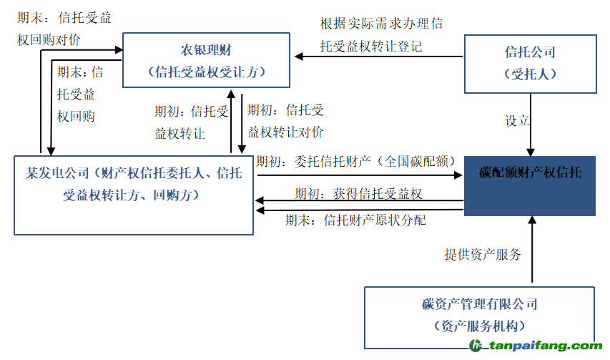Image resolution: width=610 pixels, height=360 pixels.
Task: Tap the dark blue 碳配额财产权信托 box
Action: (530, 173)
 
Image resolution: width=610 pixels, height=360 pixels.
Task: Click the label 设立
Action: (517, 120)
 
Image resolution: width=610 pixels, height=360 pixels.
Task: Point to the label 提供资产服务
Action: (483, 254)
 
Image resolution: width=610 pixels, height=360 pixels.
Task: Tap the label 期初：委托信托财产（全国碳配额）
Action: (356, 161)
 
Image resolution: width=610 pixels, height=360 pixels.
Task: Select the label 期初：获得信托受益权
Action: (358, 194)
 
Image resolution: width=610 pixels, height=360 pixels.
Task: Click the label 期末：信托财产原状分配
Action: (355, 220)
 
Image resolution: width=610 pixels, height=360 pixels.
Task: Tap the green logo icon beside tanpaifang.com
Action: (476, 345)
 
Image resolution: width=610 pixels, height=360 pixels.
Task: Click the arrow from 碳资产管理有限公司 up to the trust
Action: (532, 250)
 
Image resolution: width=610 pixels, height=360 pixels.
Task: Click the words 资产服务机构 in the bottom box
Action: (479, 326)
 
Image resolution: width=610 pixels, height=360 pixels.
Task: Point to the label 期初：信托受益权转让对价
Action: (285, 122)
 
